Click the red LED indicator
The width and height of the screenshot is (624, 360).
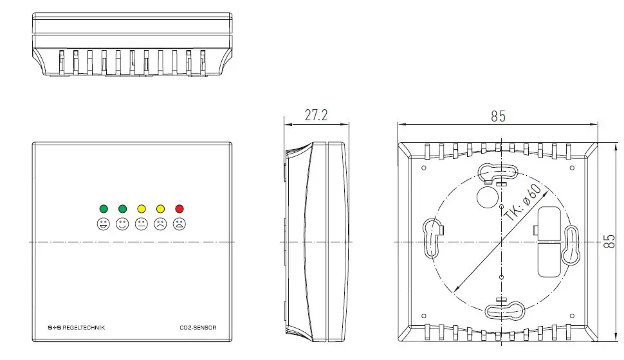(x=179, y=208)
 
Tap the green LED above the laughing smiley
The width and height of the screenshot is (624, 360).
(x=103, y=208)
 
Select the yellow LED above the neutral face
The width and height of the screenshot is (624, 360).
(x=142, y=208)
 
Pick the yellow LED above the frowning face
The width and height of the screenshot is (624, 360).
(x=160, y=208)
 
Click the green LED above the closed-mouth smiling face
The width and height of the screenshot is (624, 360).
(x=122, y=208)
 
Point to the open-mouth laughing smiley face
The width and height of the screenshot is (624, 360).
(x=103, y=224)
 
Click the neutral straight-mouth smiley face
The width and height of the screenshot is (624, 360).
(x=142, y=224)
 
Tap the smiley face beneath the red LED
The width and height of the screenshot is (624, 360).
(x=179, y=224)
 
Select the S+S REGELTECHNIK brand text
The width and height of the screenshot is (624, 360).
(x=76, y=328)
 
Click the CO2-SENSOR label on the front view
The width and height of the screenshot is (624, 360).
(x=198, y=328)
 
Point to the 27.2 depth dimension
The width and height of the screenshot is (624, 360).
(x=316, y=116)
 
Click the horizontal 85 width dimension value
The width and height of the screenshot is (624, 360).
(x=498, y=116)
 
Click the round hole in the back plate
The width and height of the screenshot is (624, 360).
(x=486, y=197)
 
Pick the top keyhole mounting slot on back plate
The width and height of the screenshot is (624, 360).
(x=499, y=172)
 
